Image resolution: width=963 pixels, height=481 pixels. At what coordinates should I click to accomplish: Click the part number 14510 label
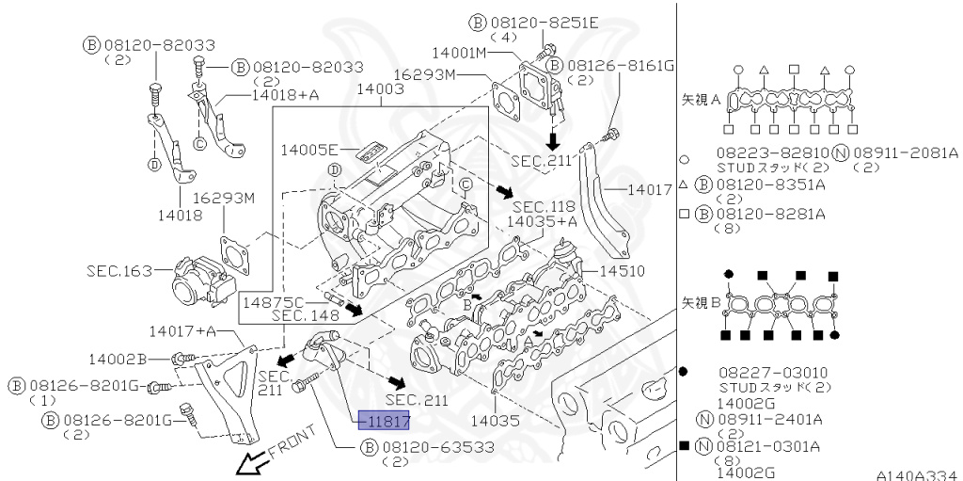pos(621,269)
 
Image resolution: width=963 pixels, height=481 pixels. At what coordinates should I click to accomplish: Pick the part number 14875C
pos(273,302)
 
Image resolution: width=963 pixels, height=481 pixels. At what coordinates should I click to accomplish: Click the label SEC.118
pos(544,206)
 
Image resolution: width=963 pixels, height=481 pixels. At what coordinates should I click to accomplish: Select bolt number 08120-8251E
pos(540,22)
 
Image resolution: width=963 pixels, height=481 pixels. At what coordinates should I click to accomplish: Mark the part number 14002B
pos(118,359)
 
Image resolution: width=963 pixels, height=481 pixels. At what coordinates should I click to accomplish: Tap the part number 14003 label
pos(378,89)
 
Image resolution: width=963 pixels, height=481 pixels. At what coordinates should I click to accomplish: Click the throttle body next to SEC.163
pos(199,278)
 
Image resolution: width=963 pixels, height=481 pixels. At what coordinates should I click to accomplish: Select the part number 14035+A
pos(542,221)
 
